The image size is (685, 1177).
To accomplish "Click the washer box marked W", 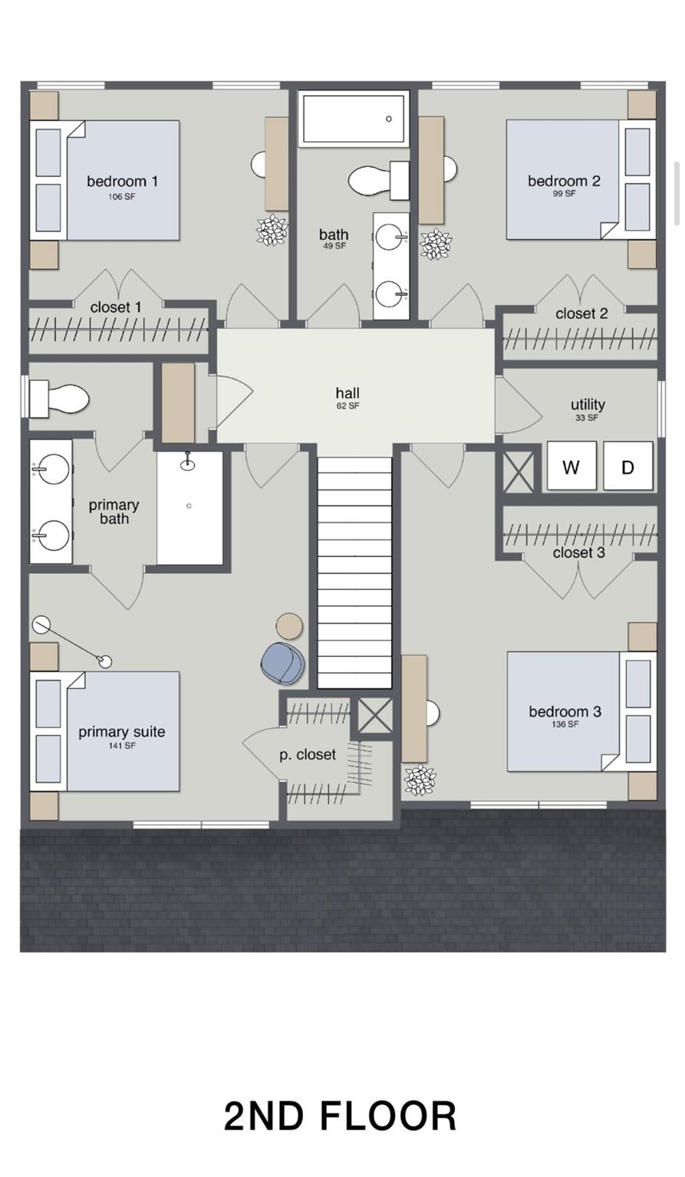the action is point(571,466).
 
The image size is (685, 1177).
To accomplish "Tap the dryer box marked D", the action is point(627,466).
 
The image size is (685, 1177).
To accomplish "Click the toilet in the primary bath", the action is point(58,398).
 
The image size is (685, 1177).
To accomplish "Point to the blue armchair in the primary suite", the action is point(283,663).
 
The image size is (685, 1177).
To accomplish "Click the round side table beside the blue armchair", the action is point(289,626).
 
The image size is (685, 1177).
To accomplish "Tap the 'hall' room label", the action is point(347,393).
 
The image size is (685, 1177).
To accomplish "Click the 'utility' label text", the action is point(588,405).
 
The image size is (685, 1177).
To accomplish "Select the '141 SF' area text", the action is point(121,745).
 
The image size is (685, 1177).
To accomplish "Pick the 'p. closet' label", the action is point(308,755).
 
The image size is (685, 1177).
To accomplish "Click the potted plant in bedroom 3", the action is point(420,780).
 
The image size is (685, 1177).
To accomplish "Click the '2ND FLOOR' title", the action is point(341,1116).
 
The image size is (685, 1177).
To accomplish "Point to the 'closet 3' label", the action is point(578,552).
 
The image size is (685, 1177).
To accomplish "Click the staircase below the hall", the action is point(354,572).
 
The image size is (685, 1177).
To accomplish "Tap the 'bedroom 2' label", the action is point(564,182).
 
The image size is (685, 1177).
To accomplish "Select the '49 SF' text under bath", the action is point(334,246).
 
